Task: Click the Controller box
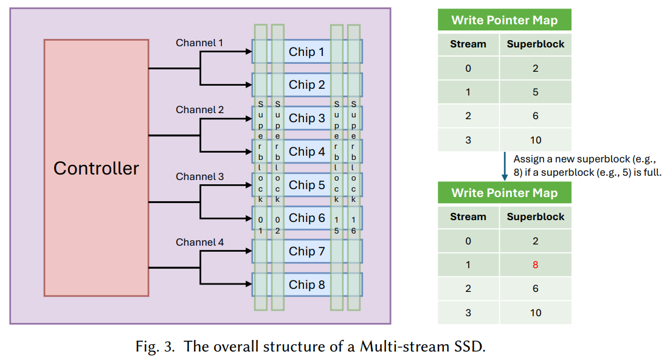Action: point(96,168)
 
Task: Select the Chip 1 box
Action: point(306,52)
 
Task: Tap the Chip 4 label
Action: point(306,151)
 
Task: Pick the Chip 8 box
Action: point(306,285)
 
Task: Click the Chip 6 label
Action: point(306,218)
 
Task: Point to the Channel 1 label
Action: point(199,43)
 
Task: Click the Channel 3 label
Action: point(199,177)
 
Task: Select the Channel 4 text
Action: point(199,243)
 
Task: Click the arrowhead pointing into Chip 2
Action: point(248,85)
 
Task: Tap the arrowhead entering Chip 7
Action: point(248,251)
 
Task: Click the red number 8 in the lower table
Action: point(535,265)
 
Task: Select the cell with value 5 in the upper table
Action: point(535,92)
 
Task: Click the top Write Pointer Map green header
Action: point(505,20)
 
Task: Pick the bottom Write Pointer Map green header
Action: point(505,193)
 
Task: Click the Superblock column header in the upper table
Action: point(535,44)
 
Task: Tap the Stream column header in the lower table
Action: point(468,217)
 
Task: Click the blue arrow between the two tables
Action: point(504,167)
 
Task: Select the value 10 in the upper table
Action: point(535,140)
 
